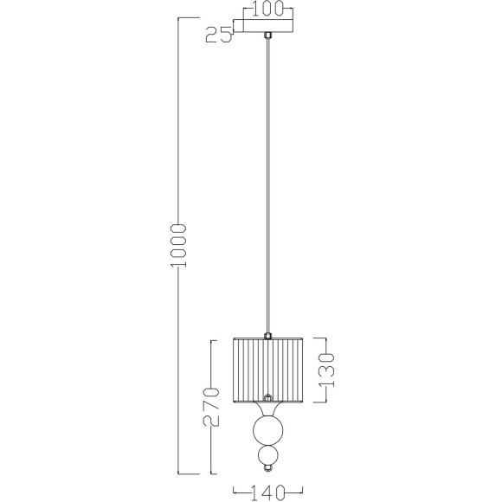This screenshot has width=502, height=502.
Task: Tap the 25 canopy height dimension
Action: tap(220, 35)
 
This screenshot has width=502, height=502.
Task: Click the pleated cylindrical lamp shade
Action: tap(269, 370)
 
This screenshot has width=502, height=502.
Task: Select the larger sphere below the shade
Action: tap(269, 432)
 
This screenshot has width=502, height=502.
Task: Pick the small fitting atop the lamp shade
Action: tap(269, 335)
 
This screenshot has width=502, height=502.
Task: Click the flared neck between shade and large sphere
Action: tap(269, 409)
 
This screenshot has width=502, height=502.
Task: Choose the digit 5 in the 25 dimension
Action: tap(227, 35)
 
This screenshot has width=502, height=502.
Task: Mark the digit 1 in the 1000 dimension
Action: tap(179, 268)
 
